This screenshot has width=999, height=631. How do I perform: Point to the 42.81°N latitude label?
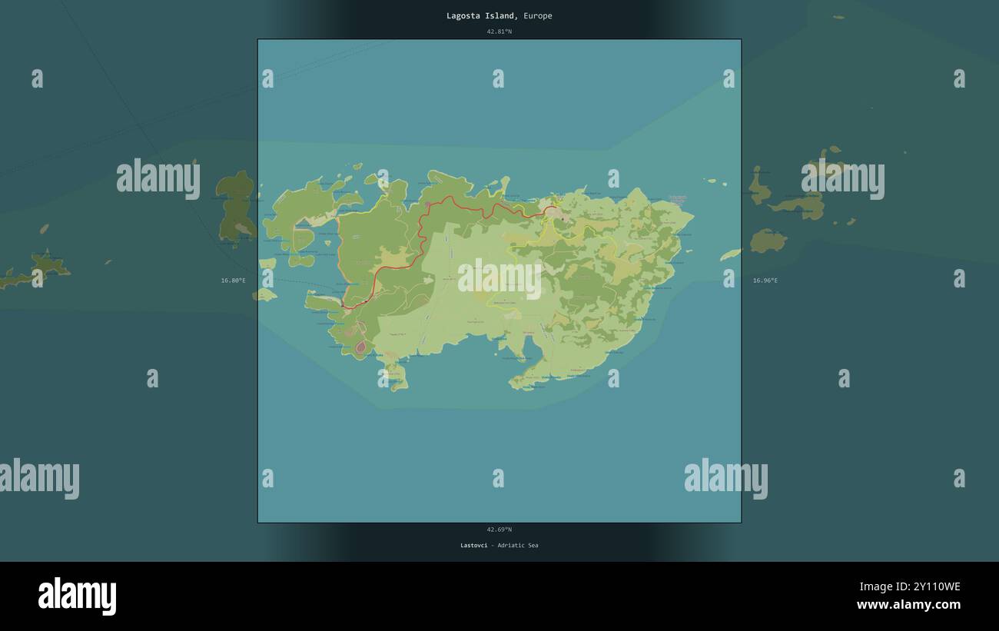[x=499, y=32]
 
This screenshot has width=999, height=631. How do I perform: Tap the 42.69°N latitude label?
[x=499, y=530]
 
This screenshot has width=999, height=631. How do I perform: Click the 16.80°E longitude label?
[x=233, y=281]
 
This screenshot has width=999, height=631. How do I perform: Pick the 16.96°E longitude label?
[x=765, y=281]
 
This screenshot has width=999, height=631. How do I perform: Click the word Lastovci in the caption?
[x=473, y=546]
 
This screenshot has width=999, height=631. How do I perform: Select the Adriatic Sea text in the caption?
[x=517, y=546]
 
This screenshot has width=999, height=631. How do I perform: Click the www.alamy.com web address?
[x=908, y=605]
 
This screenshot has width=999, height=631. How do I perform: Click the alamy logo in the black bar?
[x=77, y=596]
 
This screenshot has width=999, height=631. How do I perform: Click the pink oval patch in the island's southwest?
[x=360, y=347]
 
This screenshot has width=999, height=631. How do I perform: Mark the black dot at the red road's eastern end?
[x=563, y=219]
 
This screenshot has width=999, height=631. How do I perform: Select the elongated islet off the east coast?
[x=730, y=254]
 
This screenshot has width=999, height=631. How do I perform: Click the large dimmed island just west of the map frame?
[x=235, y=206]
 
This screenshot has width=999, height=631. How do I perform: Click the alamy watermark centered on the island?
[x=499, y=278]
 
